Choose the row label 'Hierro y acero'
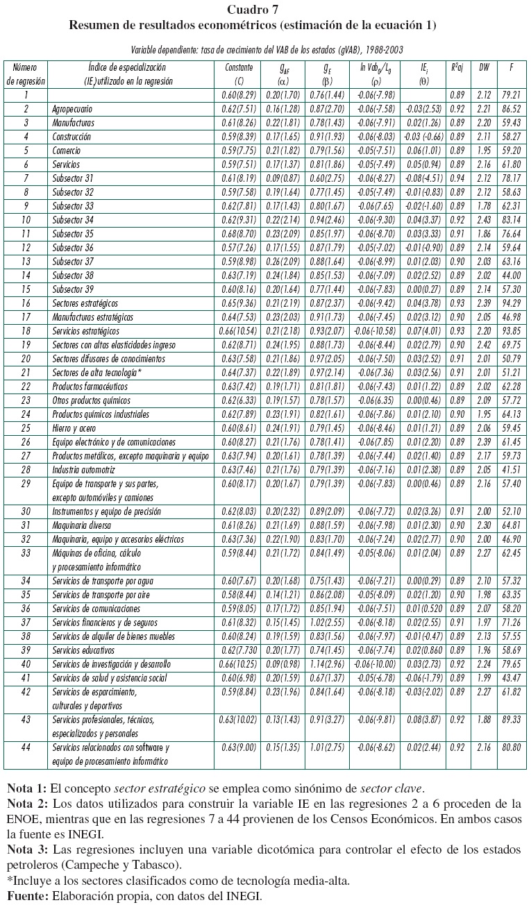[x=76, y=428]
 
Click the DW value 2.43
[x=484, y=220]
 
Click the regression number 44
[x=26, y=747]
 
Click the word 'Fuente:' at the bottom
[x=26, y=896]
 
